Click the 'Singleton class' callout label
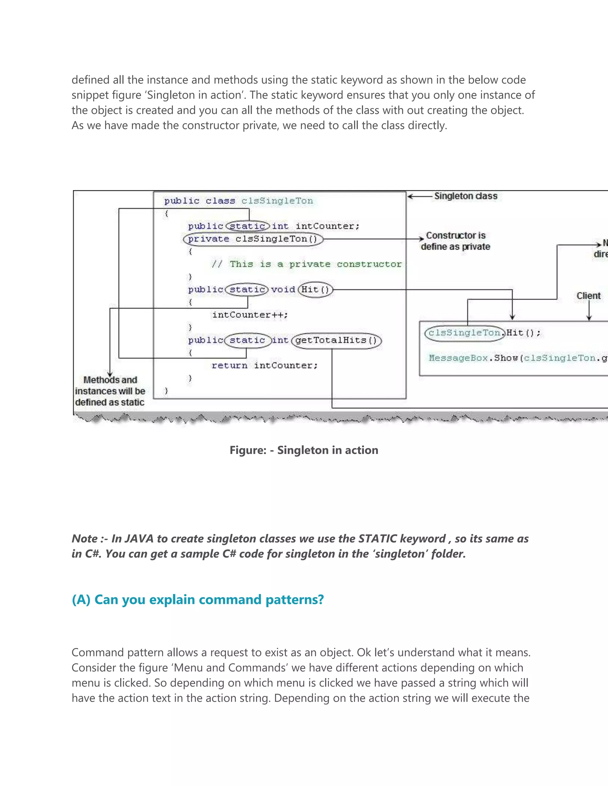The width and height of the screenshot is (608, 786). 465,196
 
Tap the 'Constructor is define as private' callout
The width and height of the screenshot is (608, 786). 455,241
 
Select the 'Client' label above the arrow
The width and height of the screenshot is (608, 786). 588,296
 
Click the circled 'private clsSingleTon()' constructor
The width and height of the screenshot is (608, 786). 253,239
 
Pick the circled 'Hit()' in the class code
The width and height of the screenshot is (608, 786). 315,290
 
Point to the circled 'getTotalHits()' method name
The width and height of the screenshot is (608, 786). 336,341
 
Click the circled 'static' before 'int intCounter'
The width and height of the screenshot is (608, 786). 248,226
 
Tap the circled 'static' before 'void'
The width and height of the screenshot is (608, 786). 247,290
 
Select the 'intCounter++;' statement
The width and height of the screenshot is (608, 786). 250,315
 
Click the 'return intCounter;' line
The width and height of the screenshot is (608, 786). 265,366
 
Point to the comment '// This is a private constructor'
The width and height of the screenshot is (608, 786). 306,264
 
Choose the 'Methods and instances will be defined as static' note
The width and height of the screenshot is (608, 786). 110,391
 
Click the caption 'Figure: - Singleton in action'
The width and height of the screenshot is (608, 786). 304,450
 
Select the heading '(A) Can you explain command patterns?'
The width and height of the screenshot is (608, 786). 198,599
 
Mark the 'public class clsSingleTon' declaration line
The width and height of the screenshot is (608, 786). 238,201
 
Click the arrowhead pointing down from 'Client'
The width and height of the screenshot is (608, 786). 589,318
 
